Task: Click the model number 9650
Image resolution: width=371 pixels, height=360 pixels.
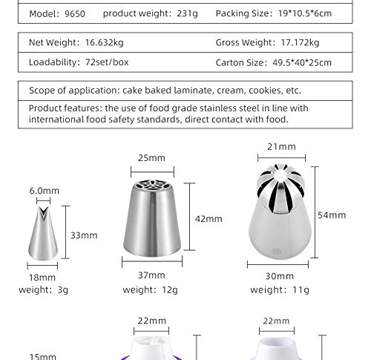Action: click(75, 14)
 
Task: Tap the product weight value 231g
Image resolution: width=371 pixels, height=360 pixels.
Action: click(187, 13)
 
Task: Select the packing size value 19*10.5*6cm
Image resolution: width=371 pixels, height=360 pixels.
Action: click(305, 13)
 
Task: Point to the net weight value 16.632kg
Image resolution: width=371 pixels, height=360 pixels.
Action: click(104, 42)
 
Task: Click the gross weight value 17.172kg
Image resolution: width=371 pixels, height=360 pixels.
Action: click(300, 42)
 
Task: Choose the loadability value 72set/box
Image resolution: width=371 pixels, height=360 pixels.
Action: click(107, 62)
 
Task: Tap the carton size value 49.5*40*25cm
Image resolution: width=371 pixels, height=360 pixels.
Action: click(302, 63)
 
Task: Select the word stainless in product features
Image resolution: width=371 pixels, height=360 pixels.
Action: click(218, 108)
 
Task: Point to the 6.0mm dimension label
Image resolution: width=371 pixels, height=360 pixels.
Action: click(45, 191)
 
